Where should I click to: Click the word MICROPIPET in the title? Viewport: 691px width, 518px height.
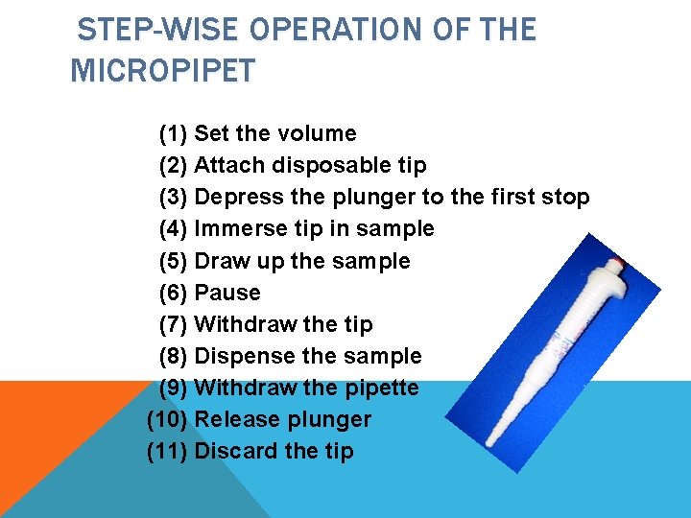[163, 70]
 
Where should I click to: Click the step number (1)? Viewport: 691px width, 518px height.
[173, 133]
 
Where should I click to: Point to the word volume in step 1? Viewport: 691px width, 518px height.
[317, 133]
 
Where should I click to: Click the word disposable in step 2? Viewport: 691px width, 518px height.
[331, 166]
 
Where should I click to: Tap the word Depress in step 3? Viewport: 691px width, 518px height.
[239, 198]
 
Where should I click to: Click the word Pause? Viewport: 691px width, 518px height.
[227, 293]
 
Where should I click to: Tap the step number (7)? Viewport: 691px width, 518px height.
[173, 324]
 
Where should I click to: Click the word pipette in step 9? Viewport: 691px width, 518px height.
[382, 388]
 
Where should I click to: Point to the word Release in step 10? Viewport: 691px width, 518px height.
[233, 419]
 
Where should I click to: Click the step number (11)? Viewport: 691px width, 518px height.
[167, 451]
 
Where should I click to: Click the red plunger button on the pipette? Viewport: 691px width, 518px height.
[619, 263]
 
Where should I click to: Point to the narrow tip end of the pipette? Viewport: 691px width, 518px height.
[489, 443]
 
